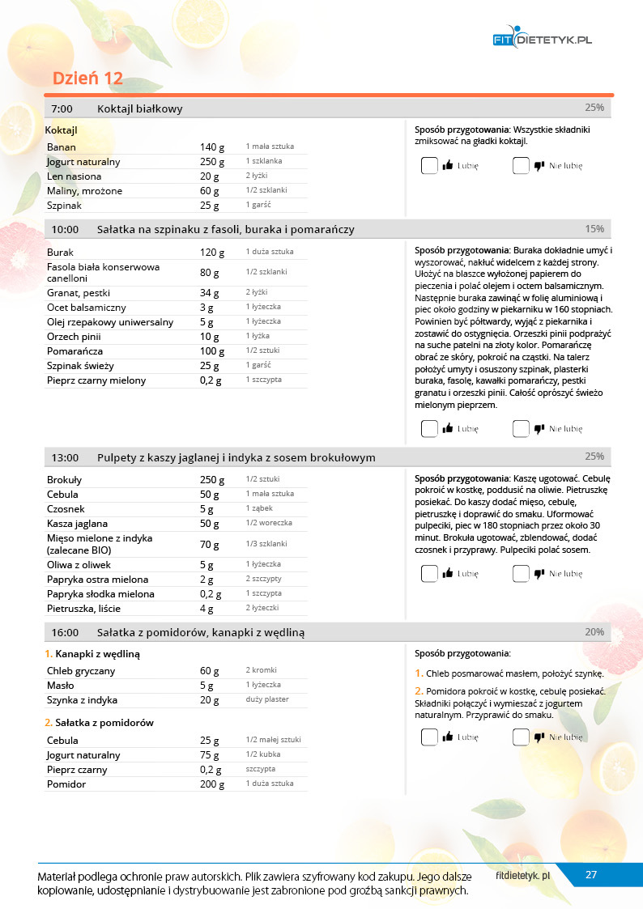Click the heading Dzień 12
coord(87,78)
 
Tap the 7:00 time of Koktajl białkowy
coord(62,109)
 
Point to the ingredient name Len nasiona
coord(75,176)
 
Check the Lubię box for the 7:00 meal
coord(429,166)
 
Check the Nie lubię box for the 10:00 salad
coord(521,429)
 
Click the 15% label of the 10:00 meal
coord(594,229)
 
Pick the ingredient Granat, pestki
coord(79,293)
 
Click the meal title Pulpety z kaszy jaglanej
coord(236,457)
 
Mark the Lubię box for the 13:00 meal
coord(429,574)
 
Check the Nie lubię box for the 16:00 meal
coord(521,737)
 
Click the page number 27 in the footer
coord(591,874)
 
